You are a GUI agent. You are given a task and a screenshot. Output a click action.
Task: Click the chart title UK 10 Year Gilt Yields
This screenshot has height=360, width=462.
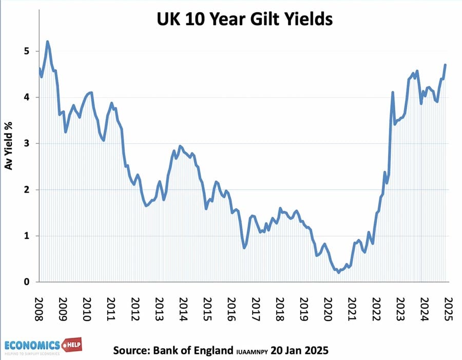pyautogui.click(x=244, y=20)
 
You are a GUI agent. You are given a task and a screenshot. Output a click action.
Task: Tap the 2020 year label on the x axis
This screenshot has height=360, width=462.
pyautogui.click(x=328, y=308)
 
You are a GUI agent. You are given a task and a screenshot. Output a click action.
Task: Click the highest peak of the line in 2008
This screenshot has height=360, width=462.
pyautogui.click(x=48, y=42)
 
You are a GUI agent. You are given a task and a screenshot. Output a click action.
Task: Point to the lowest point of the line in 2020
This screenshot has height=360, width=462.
pyautogui.click(x=338, y=273)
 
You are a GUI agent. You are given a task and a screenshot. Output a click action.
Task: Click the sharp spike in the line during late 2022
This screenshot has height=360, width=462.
pyautogui.click(x=393, y=92)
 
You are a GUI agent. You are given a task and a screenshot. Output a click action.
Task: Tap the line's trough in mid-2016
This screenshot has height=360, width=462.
pyautogui.click(x=244, y=248)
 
